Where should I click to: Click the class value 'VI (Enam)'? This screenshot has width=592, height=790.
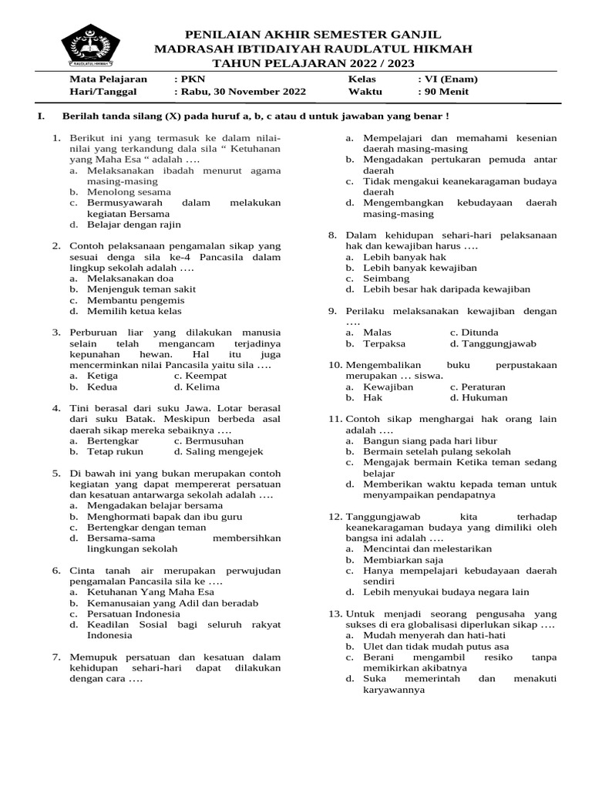(x=450, y=79)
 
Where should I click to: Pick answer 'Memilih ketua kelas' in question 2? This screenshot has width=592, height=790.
(x=134, y=311)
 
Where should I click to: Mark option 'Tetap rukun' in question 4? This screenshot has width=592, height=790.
(x=115, y=451)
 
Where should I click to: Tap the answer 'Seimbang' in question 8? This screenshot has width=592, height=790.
(x=383, y=279)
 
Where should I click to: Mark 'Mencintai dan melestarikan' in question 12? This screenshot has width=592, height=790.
(x=427, y=549)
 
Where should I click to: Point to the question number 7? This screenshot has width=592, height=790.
(x=56, y=657)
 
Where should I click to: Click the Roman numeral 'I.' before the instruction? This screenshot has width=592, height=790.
(x=31, y=116)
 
